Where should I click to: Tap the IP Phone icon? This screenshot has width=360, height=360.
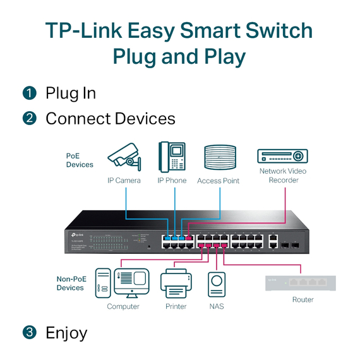point(171,157)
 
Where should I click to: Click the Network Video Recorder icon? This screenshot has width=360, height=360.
point(282,156)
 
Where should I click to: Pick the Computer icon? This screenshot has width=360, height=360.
point(122,283)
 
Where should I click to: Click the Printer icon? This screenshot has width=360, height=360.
point(176,284)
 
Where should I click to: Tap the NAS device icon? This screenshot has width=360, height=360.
point(217,284)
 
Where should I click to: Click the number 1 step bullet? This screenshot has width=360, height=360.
point(30,93)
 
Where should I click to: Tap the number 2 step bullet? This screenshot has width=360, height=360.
point(30,118)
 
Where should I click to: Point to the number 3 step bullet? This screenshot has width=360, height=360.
point(30,332)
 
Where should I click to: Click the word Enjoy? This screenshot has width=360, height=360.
point(66,332)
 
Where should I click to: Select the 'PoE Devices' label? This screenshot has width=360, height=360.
point(80,160)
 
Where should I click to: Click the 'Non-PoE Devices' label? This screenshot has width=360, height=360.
point(70,283)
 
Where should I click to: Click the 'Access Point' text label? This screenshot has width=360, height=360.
point(219,181)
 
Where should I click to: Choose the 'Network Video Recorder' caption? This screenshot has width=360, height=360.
point(282,176)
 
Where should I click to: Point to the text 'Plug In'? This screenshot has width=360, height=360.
point(71,93)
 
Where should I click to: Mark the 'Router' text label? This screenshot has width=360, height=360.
point(303,299)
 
